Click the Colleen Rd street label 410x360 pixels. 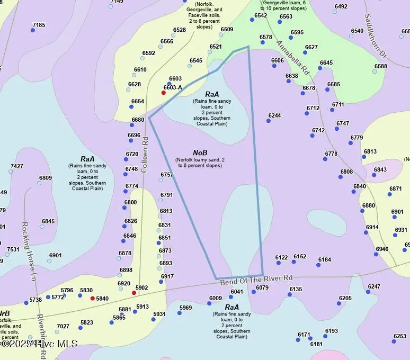(x=145, y=155)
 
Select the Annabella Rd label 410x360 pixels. (x=292, y=57)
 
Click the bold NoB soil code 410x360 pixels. (x=200, y=153)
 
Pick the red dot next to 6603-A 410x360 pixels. (x=164, y=93)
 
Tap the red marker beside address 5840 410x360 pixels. (x=93, y=299)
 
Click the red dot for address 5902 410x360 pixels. (x=134, y=293)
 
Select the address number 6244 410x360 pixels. (x=274, y=115)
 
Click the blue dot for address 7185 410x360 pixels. (x=33, y=30)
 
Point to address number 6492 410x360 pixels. (x=341, y=6)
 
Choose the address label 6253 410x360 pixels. (x=400, y=336)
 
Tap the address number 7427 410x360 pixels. (x=17, y=166)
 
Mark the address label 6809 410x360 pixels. (x=46, y=178)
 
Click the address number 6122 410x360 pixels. (x=282, y=257)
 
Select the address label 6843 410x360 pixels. (x=380, y=170)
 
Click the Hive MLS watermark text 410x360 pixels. (x=40, y=344)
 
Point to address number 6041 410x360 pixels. (x=237, y=292)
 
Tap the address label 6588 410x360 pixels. (x=381, y=66)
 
